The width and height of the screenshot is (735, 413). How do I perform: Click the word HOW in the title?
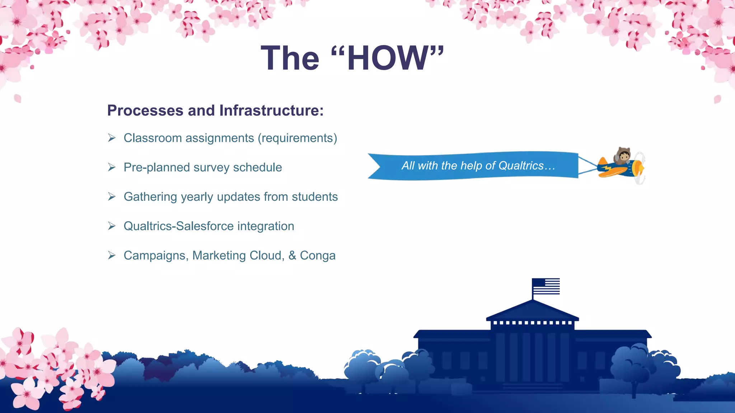[388, 58]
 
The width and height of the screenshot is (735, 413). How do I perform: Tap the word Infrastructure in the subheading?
[271, 110]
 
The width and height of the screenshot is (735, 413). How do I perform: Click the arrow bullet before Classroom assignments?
[112, 138]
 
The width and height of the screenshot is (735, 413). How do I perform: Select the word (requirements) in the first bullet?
[298, 138]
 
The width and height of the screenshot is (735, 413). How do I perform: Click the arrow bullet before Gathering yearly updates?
[112, 197]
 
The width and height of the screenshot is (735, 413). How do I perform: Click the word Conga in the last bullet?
[318, 256]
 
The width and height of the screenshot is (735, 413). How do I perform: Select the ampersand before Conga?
[292, 256]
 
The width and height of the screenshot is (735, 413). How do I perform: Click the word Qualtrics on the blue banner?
[521, 166]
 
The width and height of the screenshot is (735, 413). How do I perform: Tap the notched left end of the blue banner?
[375, 166]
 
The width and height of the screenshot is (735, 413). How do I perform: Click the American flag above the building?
[546, 286]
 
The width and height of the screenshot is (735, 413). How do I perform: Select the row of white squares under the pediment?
[533, 323]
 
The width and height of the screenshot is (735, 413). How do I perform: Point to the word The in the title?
[290, 58]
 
